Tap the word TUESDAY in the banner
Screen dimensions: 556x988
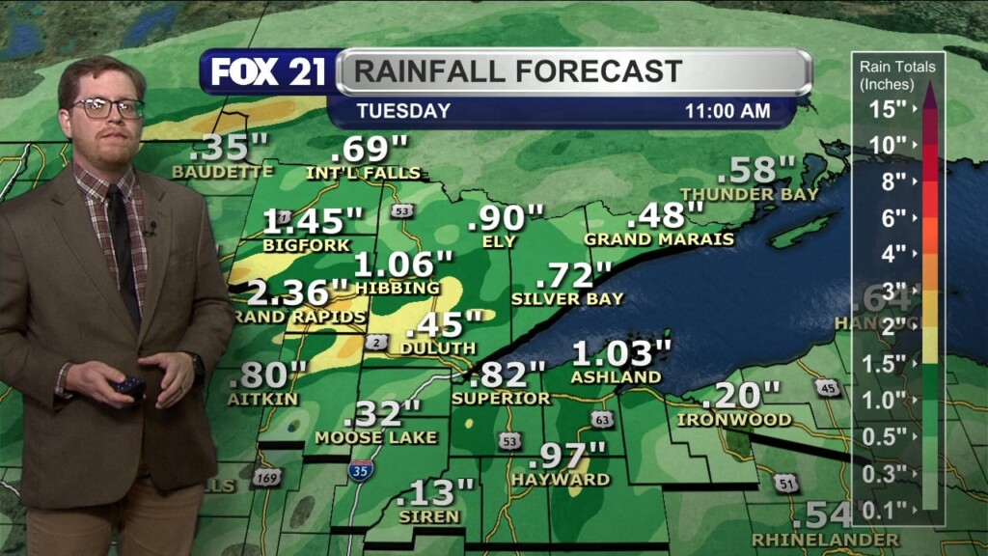[403, 111]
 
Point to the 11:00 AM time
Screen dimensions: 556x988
[727, 111]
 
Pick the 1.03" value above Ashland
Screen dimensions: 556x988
[621, 352]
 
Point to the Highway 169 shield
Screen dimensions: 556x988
[268, 477]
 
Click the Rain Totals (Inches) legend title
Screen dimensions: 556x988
[897, 74]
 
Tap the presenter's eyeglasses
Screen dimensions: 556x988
[106, 108]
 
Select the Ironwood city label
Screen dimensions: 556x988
[734, 420]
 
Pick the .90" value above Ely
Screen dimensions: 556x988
[506, 218]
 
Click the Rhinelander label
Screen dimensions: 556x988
[825, 539]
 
